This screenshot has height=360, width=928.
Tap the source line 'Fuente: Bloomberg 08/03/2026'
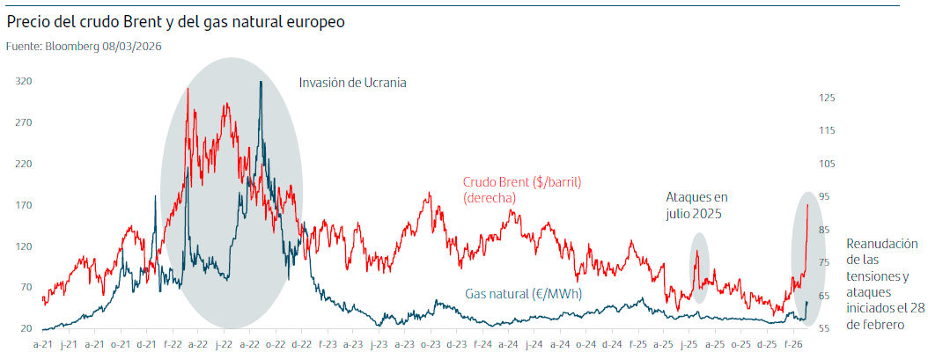tap(84, 46)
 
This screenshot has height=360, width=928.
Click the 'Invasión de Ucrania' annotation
tap(352, 83)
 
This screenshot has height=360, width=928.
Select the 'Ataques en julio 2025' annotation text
tap(696, 205)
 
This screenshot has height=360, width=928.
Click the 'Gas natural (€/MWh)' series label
tap(523, 294)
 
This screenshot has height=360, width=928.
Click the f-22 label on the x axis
tap(172, 344)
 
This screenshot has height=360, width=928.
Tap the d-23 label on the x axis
tap(456, 344)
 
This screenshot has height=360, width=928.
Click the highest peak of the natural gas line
tap(261, 83)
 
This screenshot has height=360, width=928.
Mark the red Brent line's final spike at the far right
tap(807, 205)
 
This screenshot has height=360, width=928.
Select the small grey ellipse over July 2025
tap(698, 268)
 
